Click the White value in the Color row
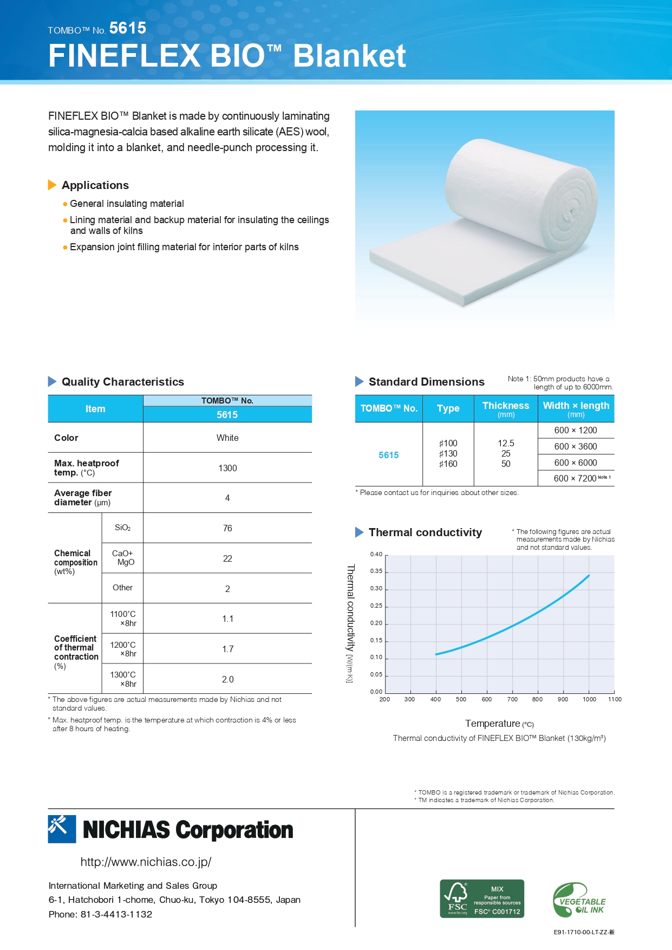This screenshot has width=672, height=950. coord(227,438)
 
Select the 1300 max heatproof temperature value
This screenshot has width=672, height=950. coord(227,468)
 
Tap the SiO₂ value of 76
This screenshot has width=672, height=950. coord(227,528)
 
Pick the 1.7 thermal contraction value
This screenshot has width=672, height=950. coord(227,649)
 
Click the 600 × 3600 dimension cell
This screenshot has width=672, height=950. coord(575,446)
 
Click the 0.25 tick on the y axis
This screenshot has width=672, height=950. coord(376,606)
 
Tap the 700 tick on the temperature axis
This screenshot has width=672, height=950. coord(512,699)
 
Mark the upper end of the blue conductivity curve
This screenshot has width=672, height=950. coord(589,576)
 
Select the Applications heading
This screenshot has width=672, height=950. coord(95,185)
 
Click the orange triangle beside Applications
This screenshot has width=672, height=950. coord(52,185)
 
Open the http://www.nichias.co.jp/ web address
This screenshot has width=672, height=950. coord(146,862)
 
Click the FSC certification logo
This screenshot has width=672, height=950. coord(481,899)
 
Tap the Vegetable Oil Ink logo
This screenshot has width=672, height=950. coord(579,900)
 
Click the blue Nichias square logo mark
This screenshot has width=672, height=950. coord(62,829)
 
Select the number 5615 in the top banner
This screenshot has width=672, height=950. coord(128,28)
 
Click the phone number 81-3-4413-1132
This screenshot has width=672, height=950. coord(116,914)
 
